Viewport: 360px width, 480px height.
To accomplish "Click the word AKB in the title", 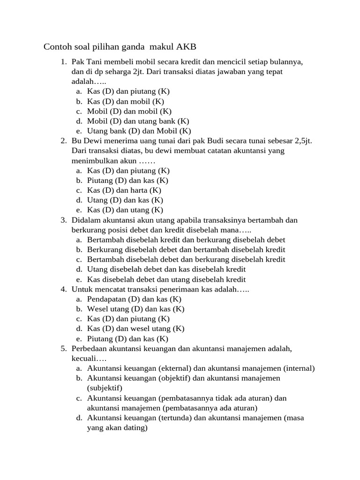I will (x=187, y=47).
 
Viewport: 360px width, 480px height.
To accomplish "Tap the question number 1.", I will (x=63, y=62).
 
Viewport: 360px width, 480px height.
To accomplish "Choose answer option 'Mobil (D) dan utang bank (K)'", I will (x=138, y=121).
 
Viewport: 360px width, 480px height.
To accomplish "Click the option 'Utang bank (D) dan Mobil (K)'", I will (x=139, y=131).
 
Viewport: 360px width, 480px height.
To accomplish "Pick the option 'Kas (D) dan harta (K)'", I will (x=124, y=190).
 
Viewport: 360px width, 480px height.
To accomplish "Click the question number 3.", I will (x=63, y=220).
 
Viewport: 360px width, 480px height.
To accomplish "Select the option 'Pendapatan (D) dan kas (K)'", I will (x=134, y=299).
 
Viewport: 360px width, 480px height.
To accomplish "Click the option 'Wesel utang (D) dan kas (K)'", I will (x=135, y=309).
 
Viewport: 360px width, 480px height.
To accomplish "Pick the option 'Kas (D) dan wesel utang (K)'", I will (x=135, y=329).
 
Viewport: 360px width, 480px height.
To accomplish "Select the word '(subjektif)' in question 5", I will (x=105, y=388).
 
